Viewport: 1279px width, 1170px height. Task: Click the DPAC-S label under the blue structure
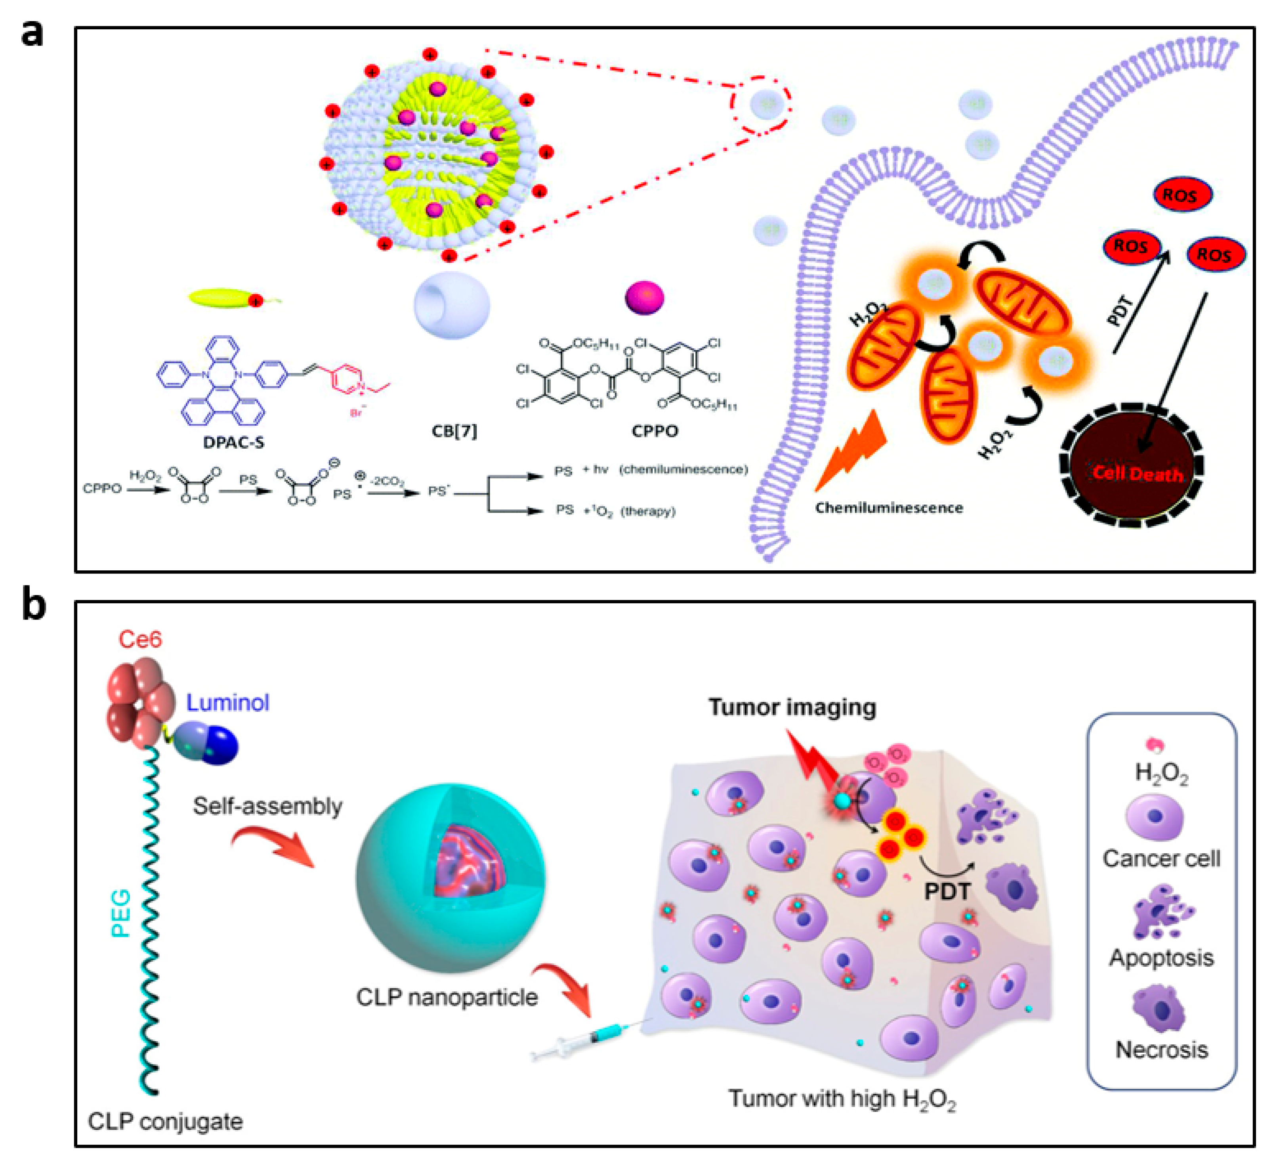[x=233, y=442]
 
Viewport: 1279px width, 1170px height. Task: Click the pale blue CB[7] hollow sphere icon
[x=452, y=305]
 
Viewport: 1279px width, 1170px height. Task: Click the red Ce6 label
[x=140, y=639]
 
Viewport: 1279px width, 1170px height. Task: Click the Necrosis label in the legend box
[x=1161, y=1050]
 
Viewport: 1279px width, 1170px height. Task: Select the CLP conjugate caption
[x=165, y=1121]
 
